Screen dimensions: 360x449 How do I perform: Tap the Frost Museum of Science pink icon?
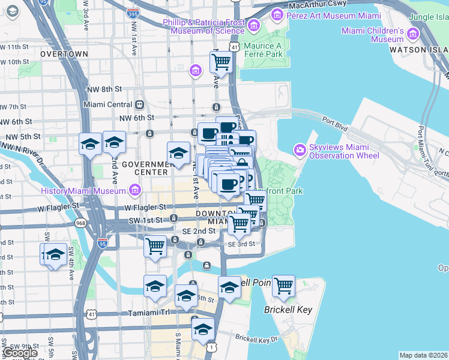[x=253, y=25]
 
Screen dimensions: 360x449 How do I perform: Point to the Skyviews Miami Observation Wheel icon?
[x=299, y=149]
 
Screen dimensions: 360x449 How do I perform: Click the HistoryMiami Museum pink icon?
[x=134, y=191]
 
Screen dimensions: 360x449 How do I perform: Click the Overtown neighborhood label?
[x=64, y=54]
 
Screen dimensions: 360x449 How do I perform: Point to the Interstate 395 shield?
[x=135, y=13]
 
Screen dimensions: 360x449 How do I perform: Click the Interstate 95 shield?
[x=103, y=243]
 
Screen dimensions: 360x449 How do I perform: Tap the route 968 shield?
[x=80, y=223]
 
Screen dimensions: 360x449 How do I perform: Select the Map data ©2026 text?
[x=423, y=355]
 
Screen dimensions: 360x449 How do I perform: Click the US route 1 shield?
[x=211, y=347]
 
